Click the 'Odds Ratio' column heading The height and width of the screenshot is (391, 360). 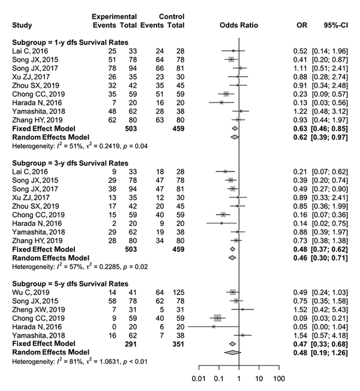click(239, 25)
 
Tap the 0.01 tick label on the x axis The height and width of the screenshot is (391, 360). click(199, 379)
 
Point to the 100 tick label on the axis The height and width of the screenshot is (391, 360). click(279, 379)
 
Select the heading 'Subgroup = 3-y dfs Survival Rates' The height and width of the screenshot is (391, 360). click(70, 163)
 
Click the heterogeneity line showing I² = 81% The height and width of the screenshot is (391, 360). click(80, 361)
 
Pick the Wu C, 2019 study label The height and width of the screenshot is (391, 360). click(31, 292)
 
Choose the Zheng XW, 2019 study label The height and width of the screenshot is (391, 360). click(38, 309)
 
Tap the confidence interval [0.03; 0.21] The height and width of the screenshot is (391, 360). click(329, 318)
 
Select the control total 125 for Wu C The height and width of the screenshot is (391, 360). click(178, 292)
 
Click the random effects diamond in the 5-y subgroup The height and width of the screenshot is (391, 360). click(233, 353)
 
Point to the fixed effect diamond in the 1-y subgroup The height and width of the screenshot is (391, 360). click(235, 129)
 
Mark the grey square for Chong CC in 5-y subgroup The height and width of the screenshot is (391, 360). click(218, 318)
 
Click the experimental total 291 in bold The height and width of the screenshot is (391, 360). click(131, 344)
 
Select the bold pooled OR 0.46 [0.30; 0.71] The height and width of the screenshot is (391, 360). click(320, 258)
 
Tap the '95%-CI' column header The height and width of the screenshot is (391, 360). click(335, 25)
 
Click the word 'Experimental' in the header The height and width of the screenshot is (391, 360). click(114, 17)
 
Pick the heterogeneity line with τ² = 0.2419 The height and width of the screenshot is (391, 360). click(80, 146)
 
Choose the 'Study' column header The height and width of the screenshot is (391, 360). click(22, 25)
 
